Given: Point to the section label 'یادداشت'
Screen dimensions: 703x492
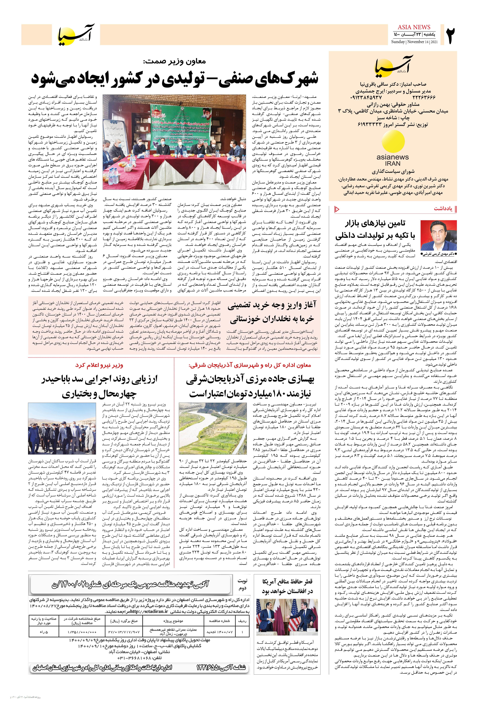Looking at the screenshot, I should [x=443, y=209].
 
